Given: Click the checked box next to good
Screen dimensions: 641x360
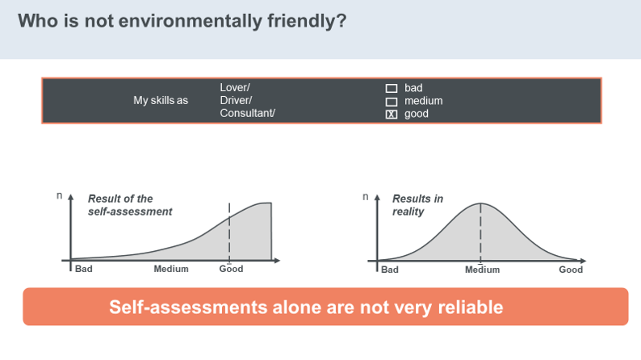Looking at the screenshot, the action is pos(392,115).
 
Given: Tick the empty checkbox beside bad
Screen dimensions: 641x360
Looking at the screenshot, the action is pos(392,88).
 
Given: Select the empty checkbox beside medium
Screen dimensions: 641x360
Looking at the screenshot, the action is pos(392,102).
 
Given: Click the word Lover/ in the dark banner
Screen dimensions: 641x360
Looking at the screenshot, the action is pos(235,87).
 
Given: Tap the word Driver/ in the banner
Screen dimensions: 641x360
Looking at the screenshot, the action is pos(236,101).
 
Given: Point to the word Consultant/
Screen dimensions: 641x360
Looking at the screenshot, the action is pos(247,113).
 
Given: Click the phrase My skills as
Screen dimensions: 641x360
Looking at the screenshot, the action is pos(161,101).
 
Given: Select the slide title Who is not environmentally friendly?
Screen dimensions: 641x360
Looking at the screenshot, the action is pos(182,21).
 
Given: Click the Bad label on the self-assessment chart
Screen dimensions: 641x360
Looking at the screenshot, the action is pos(84,269).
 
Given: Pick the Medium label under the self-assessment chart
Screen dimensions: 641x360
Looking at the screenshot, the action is pos(171,269).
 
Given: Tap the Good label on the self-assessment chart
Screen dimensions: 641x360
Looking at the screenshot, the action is pos(231,269).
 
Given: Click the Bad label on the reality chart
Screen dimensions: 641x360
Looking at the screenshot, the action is pos(390,270).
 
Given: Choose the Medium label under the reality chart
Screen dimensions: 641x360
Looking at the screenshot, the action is pos(483,270).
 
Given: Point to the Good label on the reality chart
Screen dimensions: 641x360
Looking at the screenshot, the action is pos(571,270).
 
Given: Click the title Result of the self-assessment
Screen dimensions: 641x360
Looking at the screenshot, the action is pos(130,205).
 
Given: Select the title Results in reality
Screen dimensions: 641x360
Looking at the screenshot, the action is pos(417,205).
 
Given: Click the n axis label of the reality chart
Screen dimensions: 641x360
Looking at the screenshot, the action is pos(366,197).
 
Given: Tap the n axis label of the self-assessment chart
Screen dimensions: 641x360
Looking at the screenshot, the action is pos(59,195).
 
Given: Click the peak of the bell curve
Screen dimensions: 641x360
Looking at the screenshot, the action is pos(480,203).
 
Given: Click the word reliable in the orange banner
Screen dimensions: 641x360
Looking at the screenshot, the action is pos(470,308).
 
